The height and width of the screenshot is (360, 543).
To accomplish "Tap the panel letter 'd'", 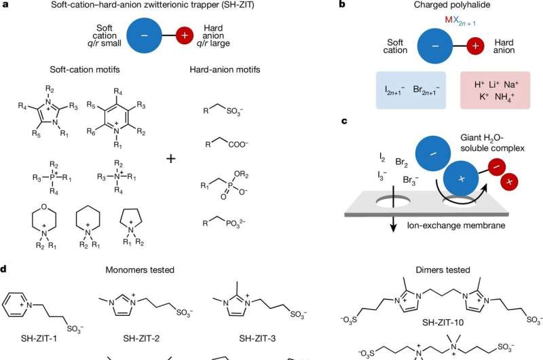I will click(x=4, y=269).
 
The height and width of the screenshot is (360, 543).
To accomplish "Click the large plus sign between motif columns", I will click(x=170, y=159).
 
